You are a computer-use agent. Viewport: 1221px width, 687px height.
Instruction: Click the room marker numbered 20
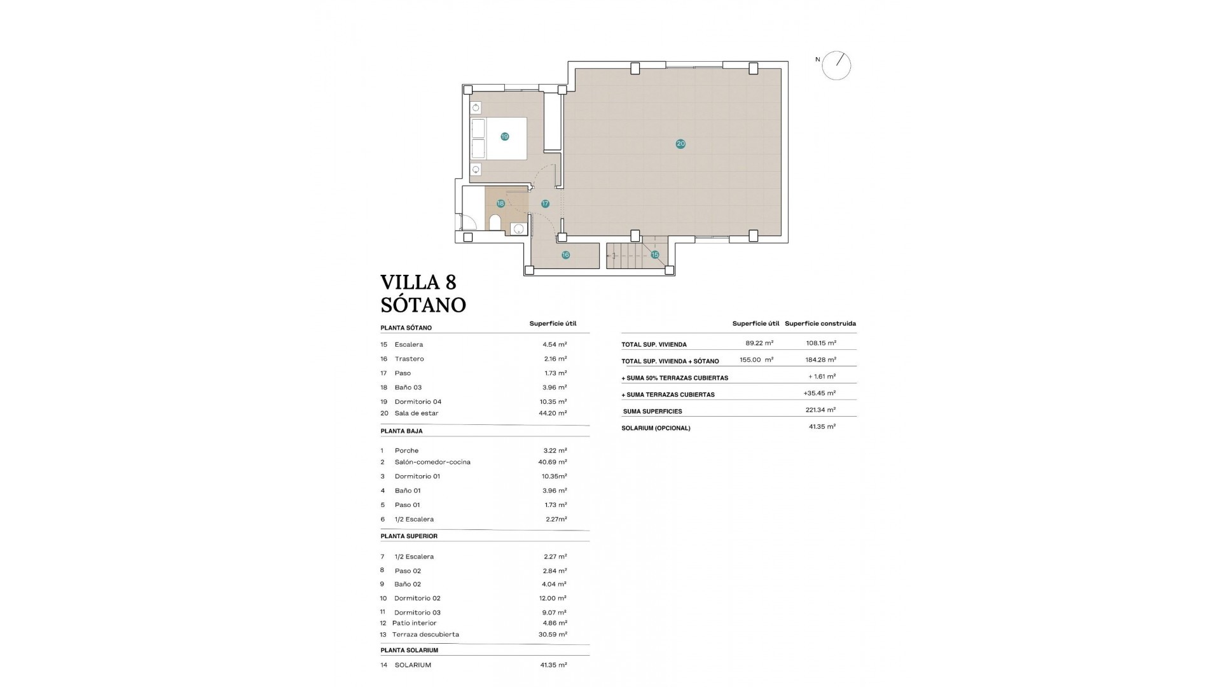click(680, 144)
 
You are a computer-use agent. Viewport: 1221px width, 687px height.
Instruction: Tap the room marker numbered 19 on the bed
click(504, 137)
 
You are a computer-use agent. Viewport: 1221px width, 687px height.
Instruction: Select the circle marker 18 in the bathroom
click(500, 204)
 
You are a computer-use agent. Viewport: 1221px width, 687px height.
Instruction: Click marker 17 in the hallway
click(545, 204)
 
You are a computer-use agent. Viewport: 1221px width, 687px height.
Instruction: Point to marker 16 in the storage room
click(565, 255)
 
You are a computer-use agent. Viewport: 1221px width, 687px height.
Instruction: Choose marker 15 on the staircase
click(655, 255)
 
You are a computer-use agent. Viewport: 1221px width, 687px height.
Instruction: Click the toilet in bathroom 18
click(495, 223)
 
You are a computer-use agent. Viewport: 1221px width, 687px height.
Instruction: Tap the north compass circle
click(836, 66)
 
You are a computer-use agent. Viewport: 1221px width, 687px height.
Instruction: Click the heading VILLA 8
click(418, 282)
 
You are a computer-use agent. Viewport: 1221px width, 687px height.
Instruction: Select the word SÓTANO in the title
click(424, 305)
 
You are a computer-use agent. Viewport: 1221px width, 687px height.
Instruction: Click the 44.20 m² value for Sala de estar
click(553, 413)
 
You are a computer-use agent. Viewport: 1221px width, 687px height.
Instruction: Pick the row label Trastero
click(409, 359)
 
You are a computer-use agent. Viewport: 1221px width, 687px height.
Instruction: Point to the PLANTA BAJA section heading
click(401, 431)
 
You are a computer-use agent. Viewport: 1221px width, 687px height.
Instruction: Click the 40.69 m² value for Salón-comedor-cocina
click(553, 462)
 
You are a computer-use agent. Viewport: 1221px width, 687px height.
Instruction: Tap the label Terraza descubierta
click(425, 634)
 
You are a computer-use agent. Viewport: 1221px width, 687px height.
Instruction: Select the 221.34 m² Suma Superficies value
click(820, 410)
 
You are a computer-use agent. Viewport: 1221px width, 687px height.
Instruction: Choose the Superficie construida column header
click(820, 324)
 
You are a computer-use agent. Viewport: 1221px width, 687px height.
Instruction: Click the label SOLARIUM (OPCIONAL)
click(656, 428)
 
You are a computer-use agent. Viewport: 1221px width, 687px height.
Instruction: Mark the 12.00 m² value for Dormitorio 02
click(553, 598)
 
